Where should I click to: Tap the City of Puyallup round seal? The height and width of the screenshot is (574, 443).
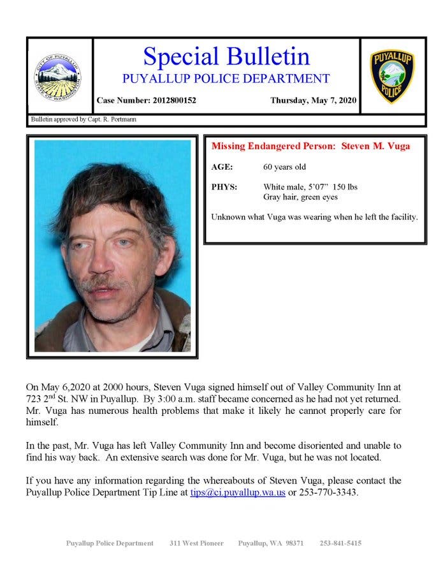click(58, 77)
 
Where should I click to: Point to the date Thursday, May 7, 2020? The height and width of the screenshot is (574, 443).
click(313, 101)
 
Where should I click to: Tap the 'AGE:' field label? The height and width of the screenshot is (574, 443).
click(222, 167)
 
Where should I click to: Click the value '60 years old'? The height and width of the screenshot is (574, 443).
click(285, 167)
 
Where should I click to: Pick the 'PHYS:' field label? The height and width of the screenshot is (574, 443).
click(224, 187)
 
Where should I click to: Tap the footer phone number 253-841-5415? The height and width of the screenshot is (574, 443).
click(340, 543)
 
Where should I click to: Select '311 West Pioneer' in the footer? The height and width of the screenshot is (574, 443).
click(196, 543)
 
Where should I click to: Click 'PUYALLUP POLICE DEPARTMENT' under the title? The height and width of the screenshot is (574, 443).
click(226, 79)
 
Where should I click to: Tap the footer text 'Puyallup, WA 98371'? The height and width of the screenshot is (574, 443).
click(271, 543)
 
